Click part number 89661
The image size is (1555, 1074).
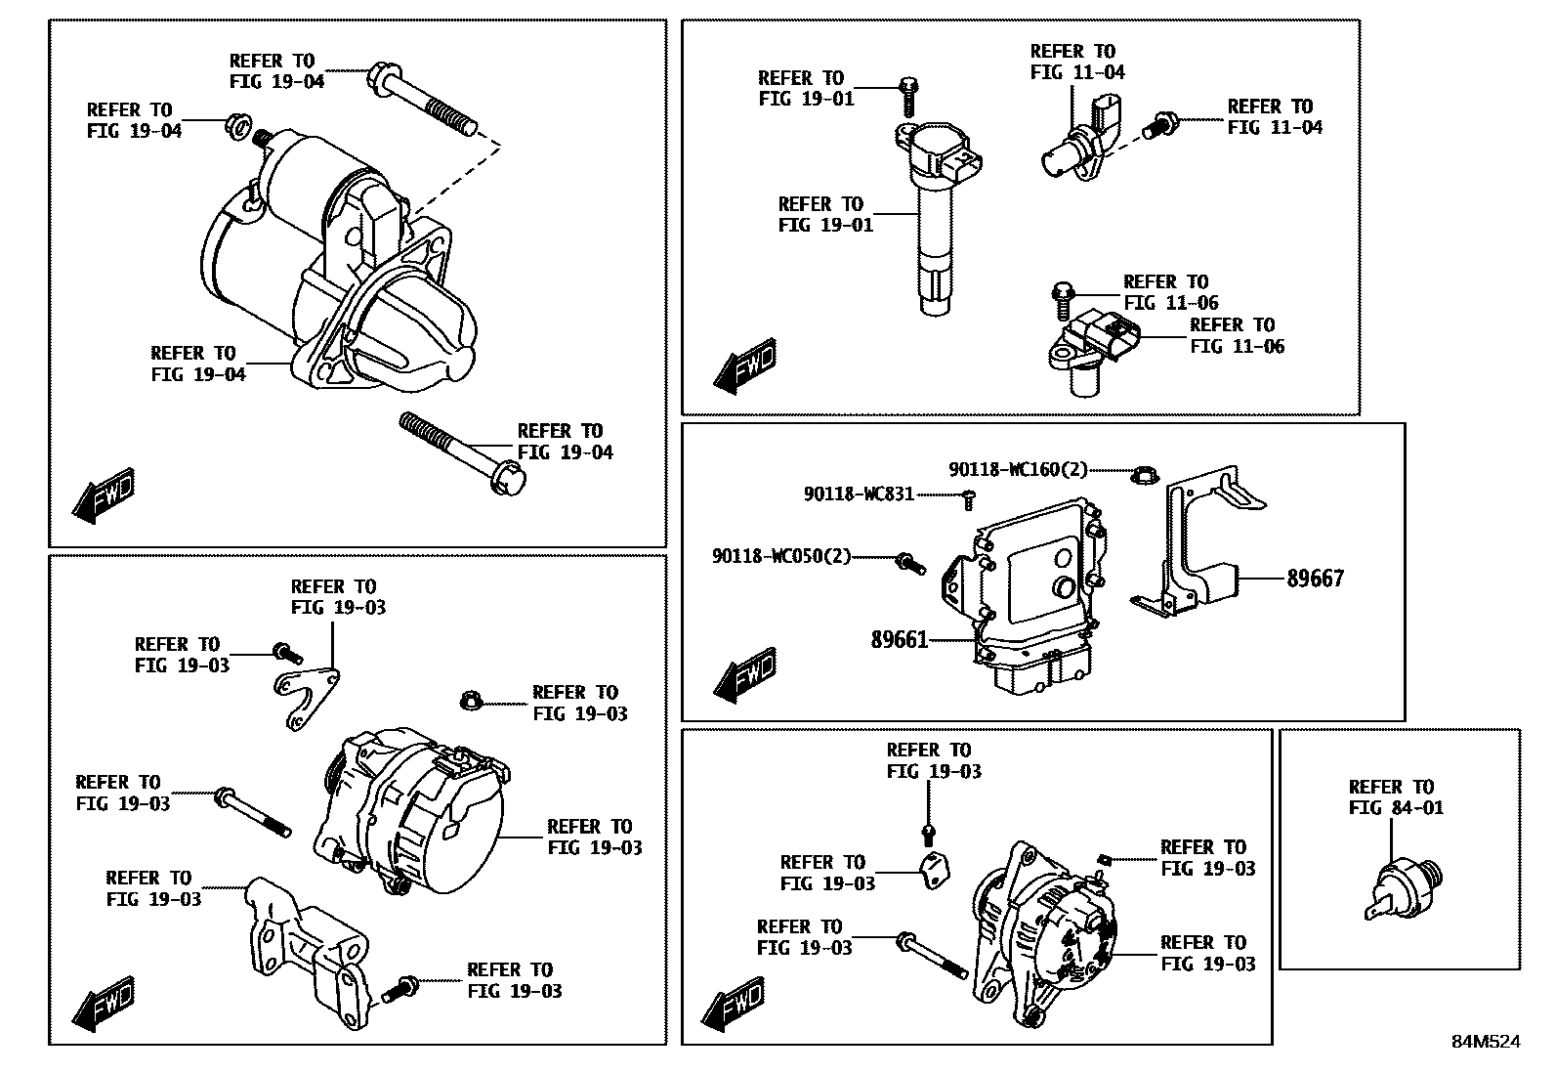coord(899,641)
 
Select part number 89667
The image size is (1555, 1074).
coord(1315,579)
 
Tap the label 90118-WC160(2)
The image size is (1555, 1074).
coord(1018,470)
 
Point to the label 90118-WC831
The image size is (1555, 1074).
coord(859,494)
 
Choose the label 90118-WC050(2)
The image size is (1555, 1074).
coord(780,557)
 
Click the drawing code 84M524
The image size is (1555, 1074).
coord(1486,1042)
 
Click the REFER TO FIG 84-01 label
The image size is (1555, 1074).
coord(1396,797)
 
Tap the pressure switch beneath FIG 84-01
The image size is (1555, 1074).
coord(1401,887)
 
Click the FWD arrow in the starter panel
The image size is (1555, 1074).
coord(104,494)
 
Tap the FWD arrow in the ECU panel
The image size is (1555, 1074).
coord(745,673)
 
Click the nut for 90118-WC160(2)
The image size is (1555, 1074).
coord(1142,476)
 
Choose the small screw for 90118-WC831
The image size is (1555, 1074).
coord(969,499)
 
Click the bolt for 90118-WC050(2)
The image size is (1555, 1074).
coord(910,563)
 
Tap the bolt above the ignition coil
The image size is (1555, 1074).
coord(907,95)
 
